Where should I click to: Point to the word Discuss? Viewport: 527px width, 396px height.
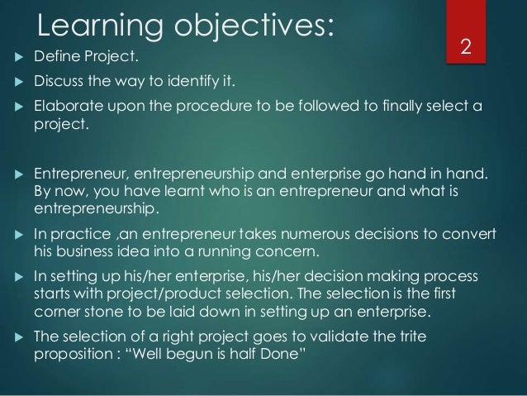(57, 83)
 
